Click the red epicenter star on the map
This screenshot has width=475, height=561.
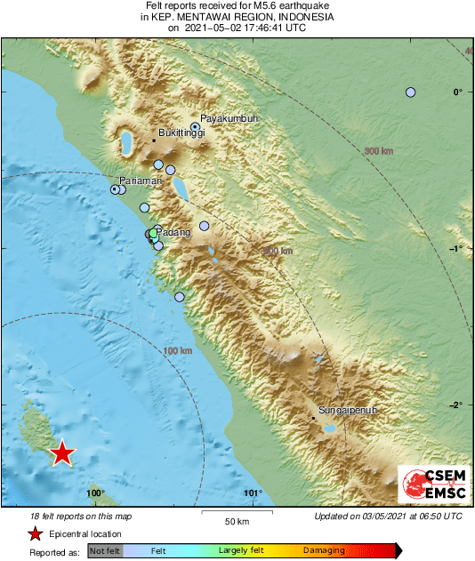tap(61, 453)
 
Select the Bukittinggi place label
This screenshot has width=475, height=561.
tap(181, 133)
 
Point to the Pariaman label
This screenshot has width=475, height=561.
tap(141, 180)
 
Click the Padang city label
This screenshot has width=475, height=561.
tap(174, 233)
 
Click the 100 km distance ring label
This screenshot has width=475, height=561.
tap(178, 351)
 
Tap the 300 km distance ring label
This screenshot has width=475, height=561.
tap(379, 150)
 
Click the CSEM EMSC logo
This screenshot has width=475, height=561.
tap(429, 485)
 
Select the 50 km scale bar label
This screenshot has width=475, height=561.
tap(235, 521)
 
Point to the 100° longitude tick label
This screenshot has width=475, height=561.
tap(95, 493)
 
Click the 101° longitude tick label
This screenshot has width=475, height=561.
tap(253, 493)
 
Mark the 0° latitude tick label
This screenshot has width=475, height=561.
tap(457, 92)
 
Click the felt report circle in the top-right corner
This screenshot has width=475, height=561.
tap(410, 92)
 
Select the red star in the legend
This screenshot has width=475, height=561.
tap(35, 533)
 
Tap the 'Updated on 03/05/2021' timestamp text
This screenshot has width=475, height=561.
tap(388, 517)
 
